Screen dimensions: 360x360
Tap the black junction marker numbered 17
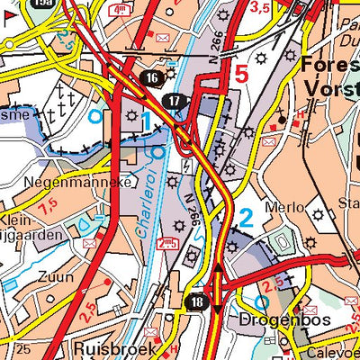click(175, 101)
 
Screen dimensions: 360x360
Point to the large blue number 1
click(145, 120)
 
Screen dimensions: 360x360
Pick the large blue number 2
click(246, 217)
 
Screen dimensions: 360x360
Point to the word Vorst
click(331, 87)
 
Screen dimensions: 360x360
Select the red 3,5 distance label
click(261, 8)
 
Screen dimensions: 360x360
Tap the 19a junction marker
click(40, 4)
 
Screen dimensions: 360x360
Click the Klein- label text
click(17, 219)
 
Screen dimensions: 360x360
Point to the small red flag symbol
click(6, 17)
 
